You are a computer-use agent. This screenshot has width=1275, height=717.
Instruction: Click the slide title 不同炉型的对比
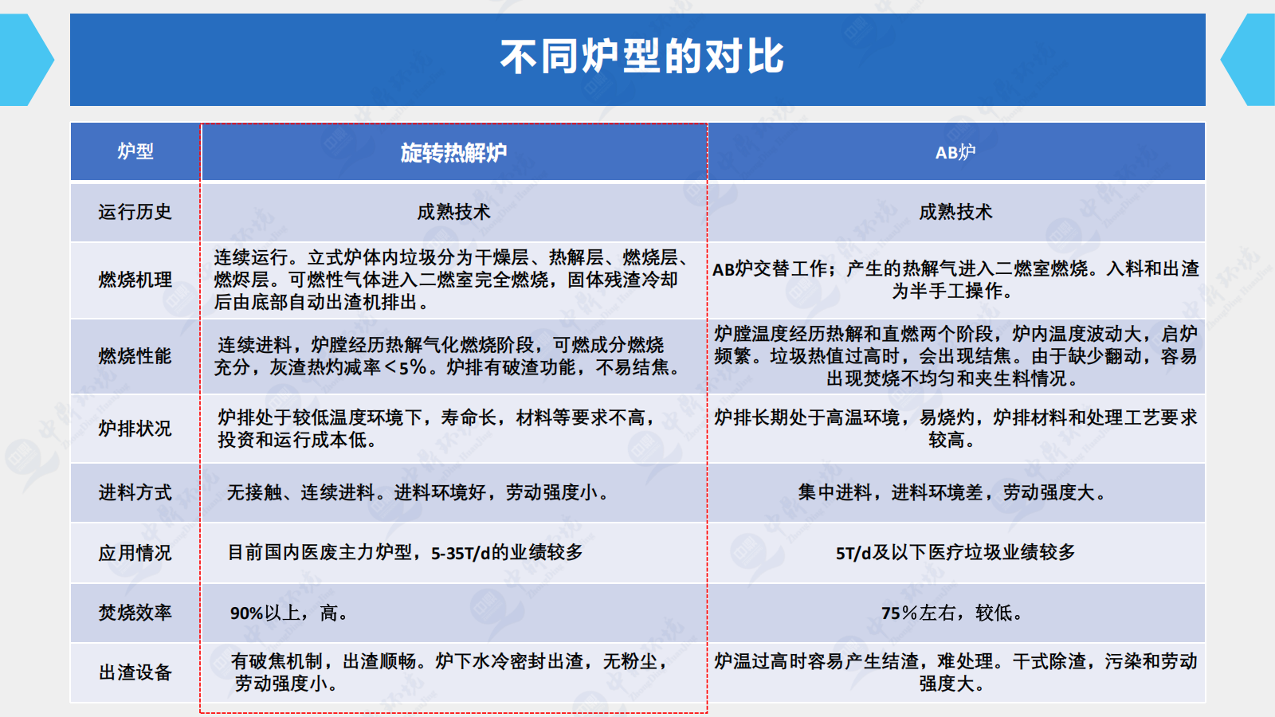pyautogui.click(x=641, y=57)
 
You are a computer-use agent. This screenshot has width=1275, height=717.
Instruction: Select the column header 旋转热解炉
pyautogui.click(x=453, y=152)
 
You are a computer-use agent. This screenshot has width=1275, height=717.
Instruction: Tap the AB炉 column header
pyautogui.click(x=955, y=152)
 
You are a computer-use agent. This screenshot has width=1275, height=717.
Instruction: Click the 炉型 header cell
pyautogui.click(x=135, y=151)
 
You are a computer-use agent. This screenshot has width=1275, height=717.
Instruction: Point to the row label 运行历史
pyautogui.click(x=135, y=212)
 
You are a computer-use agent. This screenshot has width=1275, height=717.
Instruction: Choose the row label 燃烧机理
pyautogui.click(x=135, y=280)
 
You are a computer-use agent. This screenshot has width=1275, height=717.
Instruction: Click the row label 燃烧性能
pyautogui.click(x=135, y=356)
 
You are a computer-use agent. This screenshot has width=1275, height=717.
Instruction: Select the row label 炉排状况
pyautogui.click(x=135, y=428)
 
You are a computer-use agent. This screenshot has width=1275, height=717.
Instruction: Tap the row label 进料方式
pyautogui.click(x=135, y=492)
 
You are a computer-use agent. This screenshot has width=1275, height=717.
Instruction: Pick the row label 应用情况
pyautogui.click(x=135, y=553)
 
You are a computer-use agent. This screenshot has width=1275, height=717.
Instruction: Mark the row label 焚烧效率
pyautogui.click(x=135, y=613)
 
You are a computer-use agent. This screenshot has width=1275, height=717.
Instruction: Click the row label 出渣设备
pyautogui.click(x=135, y=672)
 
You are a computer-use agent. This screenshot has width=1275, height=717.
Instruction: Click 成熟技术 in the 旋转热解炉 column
pyautogui.click(x=453, y=212)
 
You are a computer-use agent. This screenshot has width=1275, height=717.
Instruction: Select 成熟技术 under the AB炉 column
pyautogui.click(x=955, y=212)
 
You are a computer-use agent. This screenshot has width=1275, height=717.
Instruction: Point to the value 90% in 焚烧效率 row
pyautogui.click(x=246, y=613)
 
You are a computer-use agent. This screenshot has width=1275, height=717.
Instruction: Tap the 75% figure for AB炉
pyautogui.click(x=900, y=613)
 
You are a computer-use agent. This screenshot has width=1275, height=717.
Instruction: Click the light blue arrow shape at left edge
pyautogui.click(x=25, y=59)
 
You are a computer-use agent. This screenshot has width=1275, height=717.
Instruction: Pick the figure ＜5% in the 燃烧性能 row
pyautogui.click(x=406, y=367)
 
